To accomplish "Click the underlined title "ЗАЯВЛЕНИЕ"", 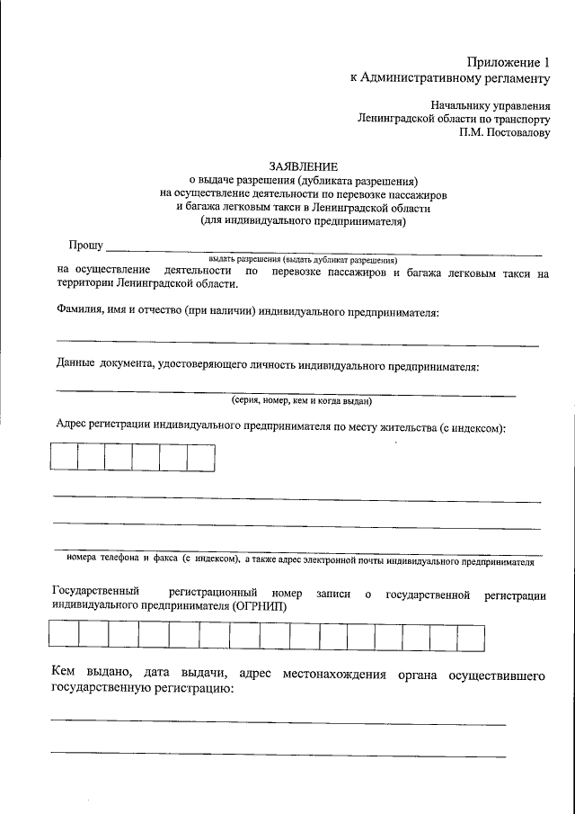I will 304,166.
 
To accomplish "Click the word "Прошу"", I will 85,246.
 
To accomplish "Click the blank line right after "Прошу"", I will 323,249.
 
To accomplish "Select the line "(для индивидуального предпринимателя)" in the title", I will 304,220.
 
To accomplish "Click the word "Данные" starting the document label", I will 75,366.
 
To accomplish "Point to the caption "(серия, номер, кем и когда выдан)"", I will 301,401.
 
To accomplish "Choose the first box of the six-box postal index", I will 64,458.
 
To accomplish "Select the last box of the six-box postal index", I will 201,458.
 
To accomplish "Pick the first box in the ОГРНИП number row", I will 64,636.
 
